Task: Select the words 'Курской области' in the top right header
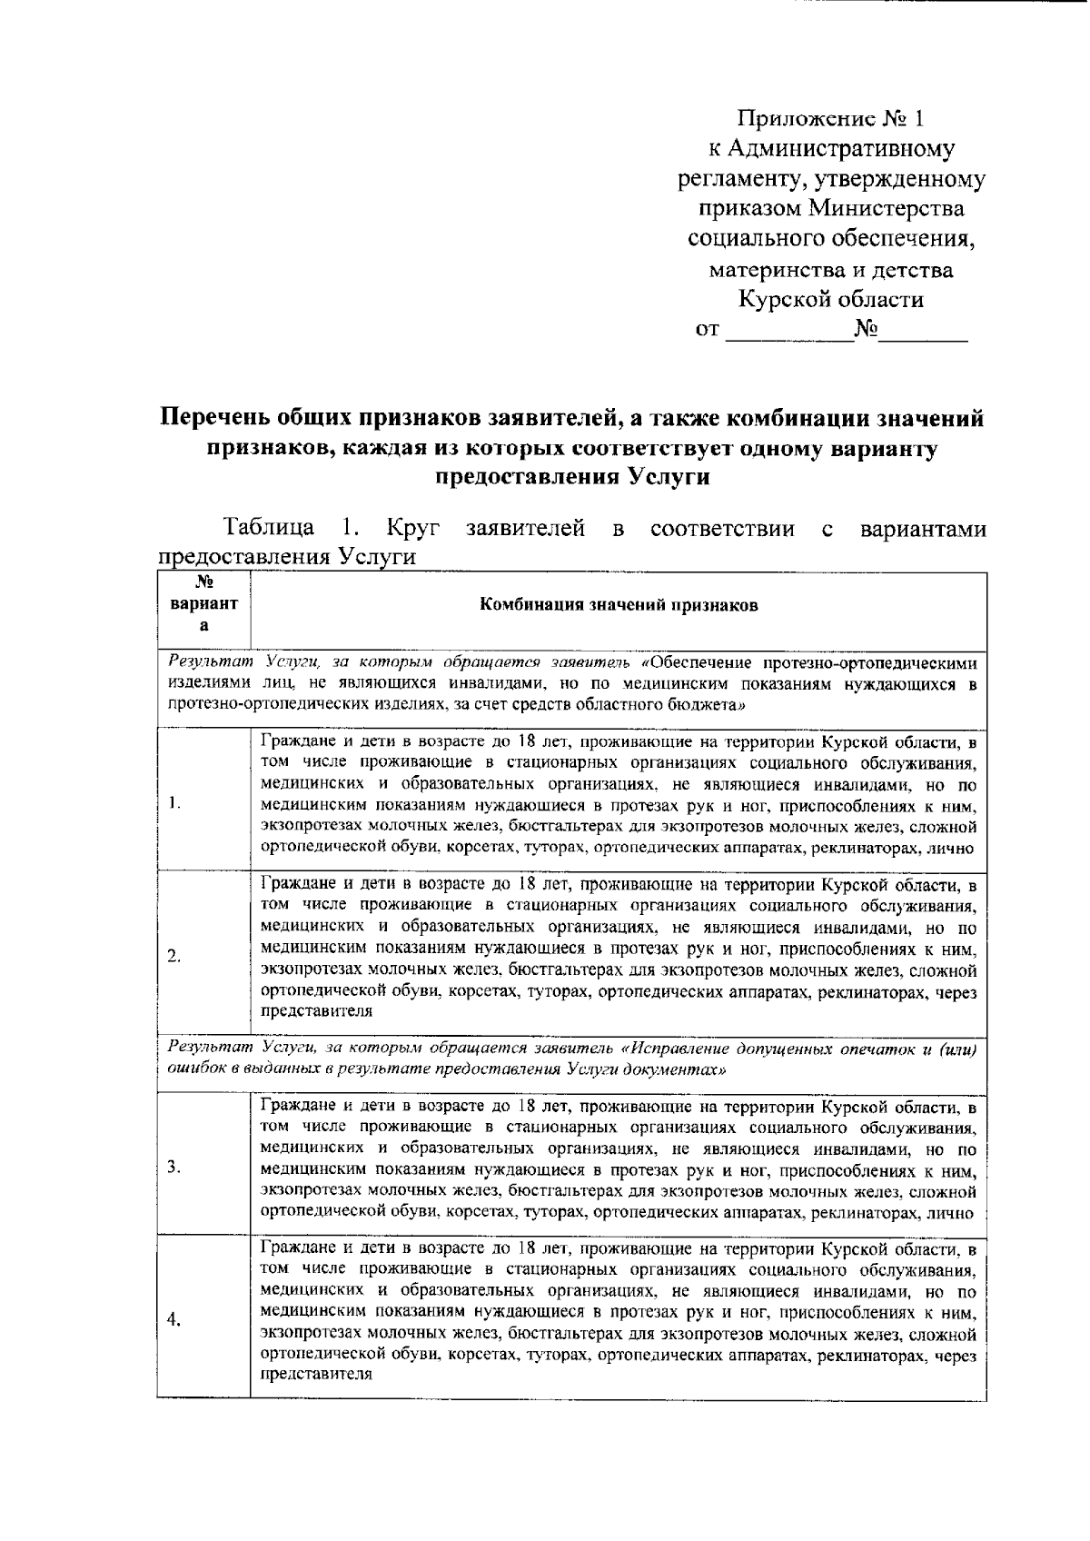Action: (x=830, y=299)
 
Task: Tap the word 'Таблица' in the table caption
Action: (x=270, y=528)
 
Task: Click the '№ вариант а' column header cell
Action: (x=203, y=606)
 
